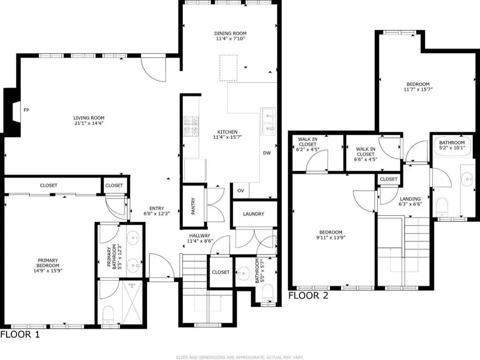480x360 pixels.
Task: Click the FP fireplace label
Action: [x=26, y=110]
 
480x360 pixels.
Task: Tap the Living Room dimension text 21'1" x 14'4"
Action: [x=89, y=123]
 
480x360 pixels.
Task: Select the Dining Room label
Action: [x=230, y=33]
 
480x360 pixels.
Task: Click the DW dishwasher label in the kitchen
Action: [x=267, y=153]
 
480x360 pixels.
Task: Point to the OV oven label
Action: [x=240, y=190]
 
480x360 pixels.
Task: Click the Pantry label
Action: [x=193, y=206]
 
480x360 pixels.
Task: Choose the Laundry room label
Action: [x=254, y=214]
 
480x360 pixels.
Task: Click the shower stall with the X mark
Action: [x=132, y=302]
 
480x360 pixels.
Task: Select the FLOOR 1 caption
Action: [x=20, y=334]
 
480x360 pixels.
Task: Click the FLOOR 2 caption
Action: [x=308, y=295]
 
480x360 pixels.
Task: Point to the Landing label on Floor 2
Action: [x=410, y=199]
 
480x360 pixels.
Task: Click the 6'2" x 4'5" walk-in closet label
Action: [x=307, y=144]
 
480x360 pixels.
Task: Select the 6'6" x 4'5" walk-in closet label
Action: [x=366, y=154]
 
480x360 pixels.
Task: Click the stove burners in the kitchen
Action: [x=191, y=126]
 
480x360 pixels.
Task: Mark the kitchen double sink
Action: [x=268, y=121]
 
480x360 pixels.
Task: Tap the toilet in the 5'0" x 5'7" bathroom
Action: [x=268, y=293]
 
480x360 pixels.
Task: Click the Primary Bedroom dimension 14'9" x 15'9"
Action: [x=48, y=270]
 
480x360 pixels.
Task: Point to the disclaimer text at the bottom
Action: [x=240, y=357]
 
